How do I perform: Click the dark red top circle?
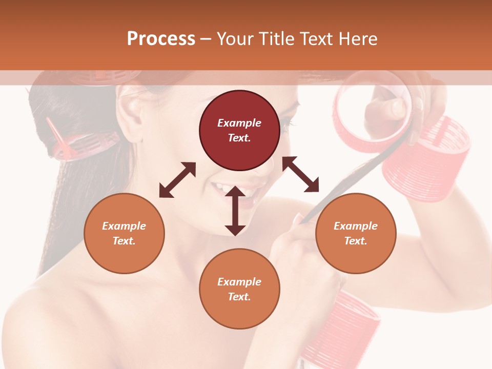(239, 131)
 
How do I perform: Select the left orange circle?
(124, 233)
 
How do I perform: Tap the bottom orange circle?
(239, 289)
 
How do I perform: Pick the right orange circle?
(355, 233)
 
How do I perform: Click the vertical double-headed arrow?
(235, 211)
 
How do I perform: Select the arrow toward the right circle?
(301, 175)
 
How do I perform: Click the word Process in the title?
(161, 39)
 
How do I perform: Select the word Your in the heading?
(234, 39)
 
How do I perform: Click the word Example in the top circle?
(239, 123)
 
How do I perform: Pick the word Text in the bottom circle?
(239, 297)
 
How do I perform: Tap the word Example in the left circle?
(124, 226)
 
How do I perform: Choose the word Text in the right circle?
(355, 241)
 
